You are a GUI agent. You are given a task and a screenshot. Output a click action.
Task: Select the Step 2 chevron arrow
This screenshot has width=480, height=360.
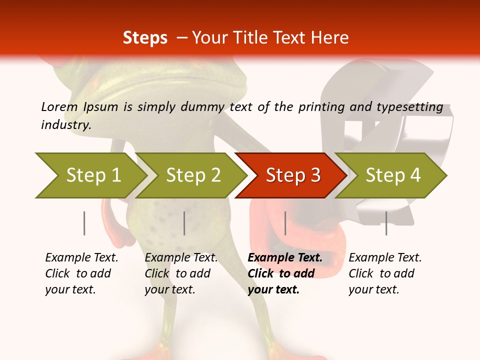click(192, 175)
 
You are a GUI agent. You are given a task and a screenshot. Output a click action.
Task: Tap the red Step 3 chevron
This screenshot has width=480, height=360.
click(292, 175)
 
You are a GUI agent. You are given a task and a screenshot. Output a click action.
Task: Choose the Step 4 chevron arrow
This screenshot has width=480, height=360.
click(392, 175)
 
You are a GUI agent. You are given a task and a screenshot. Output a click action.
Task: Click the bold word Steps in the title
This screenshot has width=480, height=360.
click(145, 38)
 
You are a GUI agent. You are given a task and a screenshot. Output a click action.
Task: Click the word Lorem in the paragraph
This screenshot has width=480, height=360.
click(59, 106)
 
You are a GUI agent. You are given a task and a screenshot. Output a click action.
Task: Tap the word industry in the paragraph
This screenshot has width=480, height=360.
click(65, 125)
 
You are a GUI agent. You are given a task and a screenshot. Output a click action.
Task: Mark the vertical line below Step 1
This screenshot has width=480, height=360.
click(84, 223)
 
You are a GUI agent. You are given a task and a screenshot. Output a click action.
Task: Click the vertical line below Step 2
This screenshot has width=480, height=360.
click(184, 223)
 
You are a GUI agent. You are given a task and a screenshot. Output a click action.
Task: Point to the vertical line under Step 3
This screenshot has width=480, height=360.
click(285, 223)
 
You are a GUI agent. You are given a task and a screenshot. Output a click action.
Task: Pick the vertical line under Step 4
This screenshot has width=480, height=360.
click(386, 223)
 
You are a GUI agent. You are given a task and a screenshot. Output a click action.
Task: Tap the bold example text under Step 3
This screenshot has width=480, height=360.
click(284, 273)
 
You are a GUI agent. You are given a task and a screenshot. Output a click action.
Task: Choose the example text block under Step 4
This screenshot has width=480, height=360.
click(384, 273)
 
